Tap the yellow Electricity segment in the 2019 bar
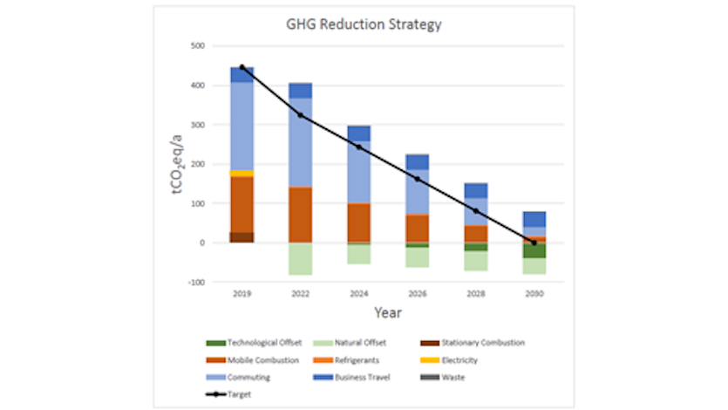tap(242, 174)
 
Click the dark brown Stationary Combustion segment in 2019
tap(242, 237)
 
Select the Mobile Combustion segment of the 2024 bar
tap(359, 222)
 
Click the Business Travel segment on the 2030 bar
tap(534, 219)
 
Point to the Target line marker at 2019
tap(242, 67)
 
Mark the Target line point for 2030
tap(534, 243)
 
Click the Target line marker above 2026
tap(418, 179)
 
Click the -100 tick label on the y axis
tap(195, 282)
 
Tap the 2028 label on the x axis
tap(476, 295)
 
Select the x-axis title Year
tap(388, 312)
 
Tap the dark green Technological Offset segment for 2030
tap(534, 251)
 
